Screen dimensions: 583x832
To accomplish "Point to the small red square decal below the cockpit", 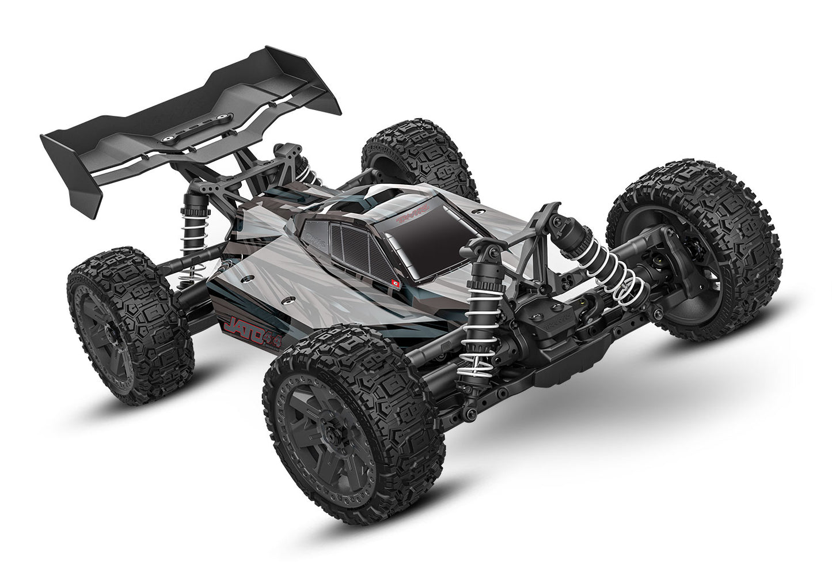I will click(395, 283).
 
